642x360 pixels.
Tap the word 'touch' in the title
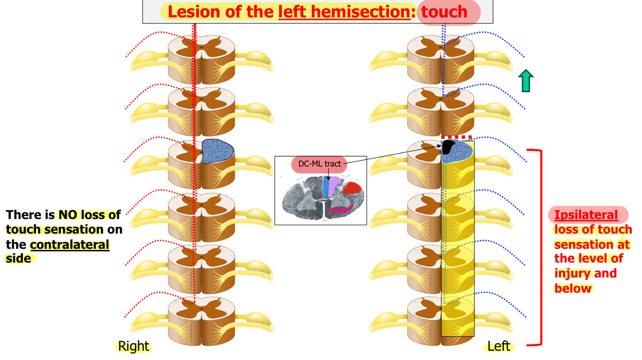(444, 12)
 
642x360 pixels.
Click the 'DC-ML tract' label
(319, 164)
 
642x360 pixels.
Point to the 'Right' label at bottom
(134, 346)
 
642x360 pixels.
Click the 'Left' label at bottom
(498, 346)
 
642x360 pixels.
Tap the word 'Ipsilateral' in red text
(586, 215)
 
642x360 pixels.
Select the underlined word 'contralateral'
(69, 244)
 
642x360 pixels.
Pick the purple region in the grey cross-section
(334, 187)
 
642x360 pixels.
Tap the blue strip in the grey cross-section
(326, 187)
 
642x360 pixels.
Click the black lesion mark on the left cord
(448, 147)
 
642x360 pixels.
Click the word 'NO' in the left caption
(68, 215)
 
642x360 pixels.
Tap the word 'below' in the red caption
(573, 288)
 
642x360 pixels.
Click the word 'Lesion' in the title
(195, 12)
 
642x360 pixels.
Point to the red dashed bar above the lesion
(457, 137)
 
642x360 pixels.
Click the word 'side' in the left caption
(18, 259)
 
